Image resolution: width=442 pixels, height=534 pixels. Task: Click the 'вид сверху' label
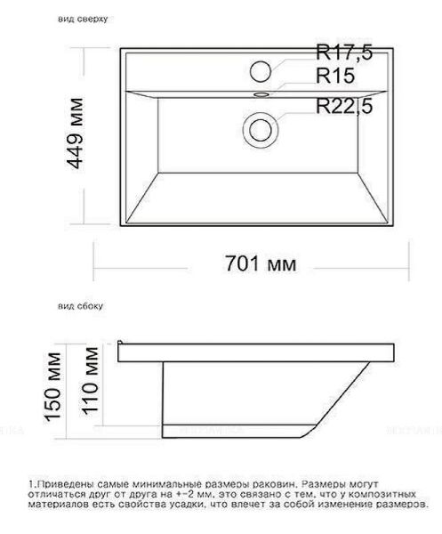pos(83,19)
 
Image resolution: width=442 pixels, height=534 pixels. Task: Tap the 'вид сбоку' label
pos(80,306)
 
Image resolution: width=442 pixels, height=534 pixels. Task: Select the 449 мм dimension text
pos(75,133)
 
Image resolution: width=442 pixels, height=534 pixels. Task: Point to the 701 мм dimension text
pos(261,264)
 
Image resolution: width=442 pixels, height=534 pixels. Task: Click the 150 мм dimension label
pos(53,387)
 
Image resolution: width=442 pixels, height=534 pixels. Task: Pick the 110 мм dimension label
pos(90,381)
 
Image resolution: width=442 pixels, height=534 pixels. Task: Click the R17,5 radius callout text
pos(344,53)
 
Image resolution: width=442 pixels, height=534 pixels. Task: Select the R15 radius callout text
pos(335,76)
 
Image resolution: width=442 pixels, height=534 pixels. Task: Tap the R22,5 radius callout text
pos(344,106)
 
